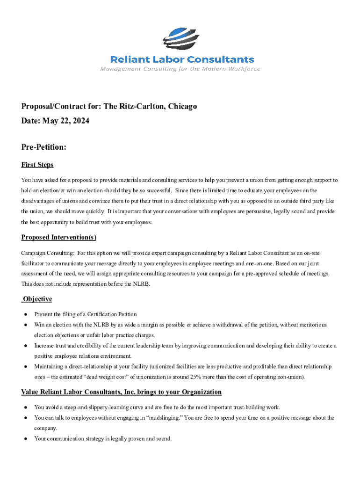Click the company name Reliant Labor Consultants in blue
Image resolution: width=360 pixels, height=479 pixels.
tap(182, 59)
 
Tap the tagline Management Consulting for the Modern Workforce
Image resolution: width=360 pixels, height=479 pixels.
tap(180, 69)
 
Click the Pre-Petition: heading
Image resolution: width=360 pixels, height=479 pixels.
tap(44, 147)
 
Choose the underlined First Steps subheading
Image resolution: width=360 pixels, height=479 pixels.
tap(37, 165)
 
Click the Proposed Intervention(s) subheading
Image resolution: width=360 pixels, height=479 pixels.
tap(59, 237)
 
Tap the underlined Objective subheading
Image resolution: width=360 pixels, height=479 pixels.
tap(37, 299)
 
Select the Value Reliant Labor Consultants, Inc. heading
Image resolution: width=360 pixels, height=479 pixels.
tap(122, 392)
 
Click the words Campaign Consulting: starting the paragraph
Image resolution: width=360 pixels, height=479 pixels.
tap(47, 253)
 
